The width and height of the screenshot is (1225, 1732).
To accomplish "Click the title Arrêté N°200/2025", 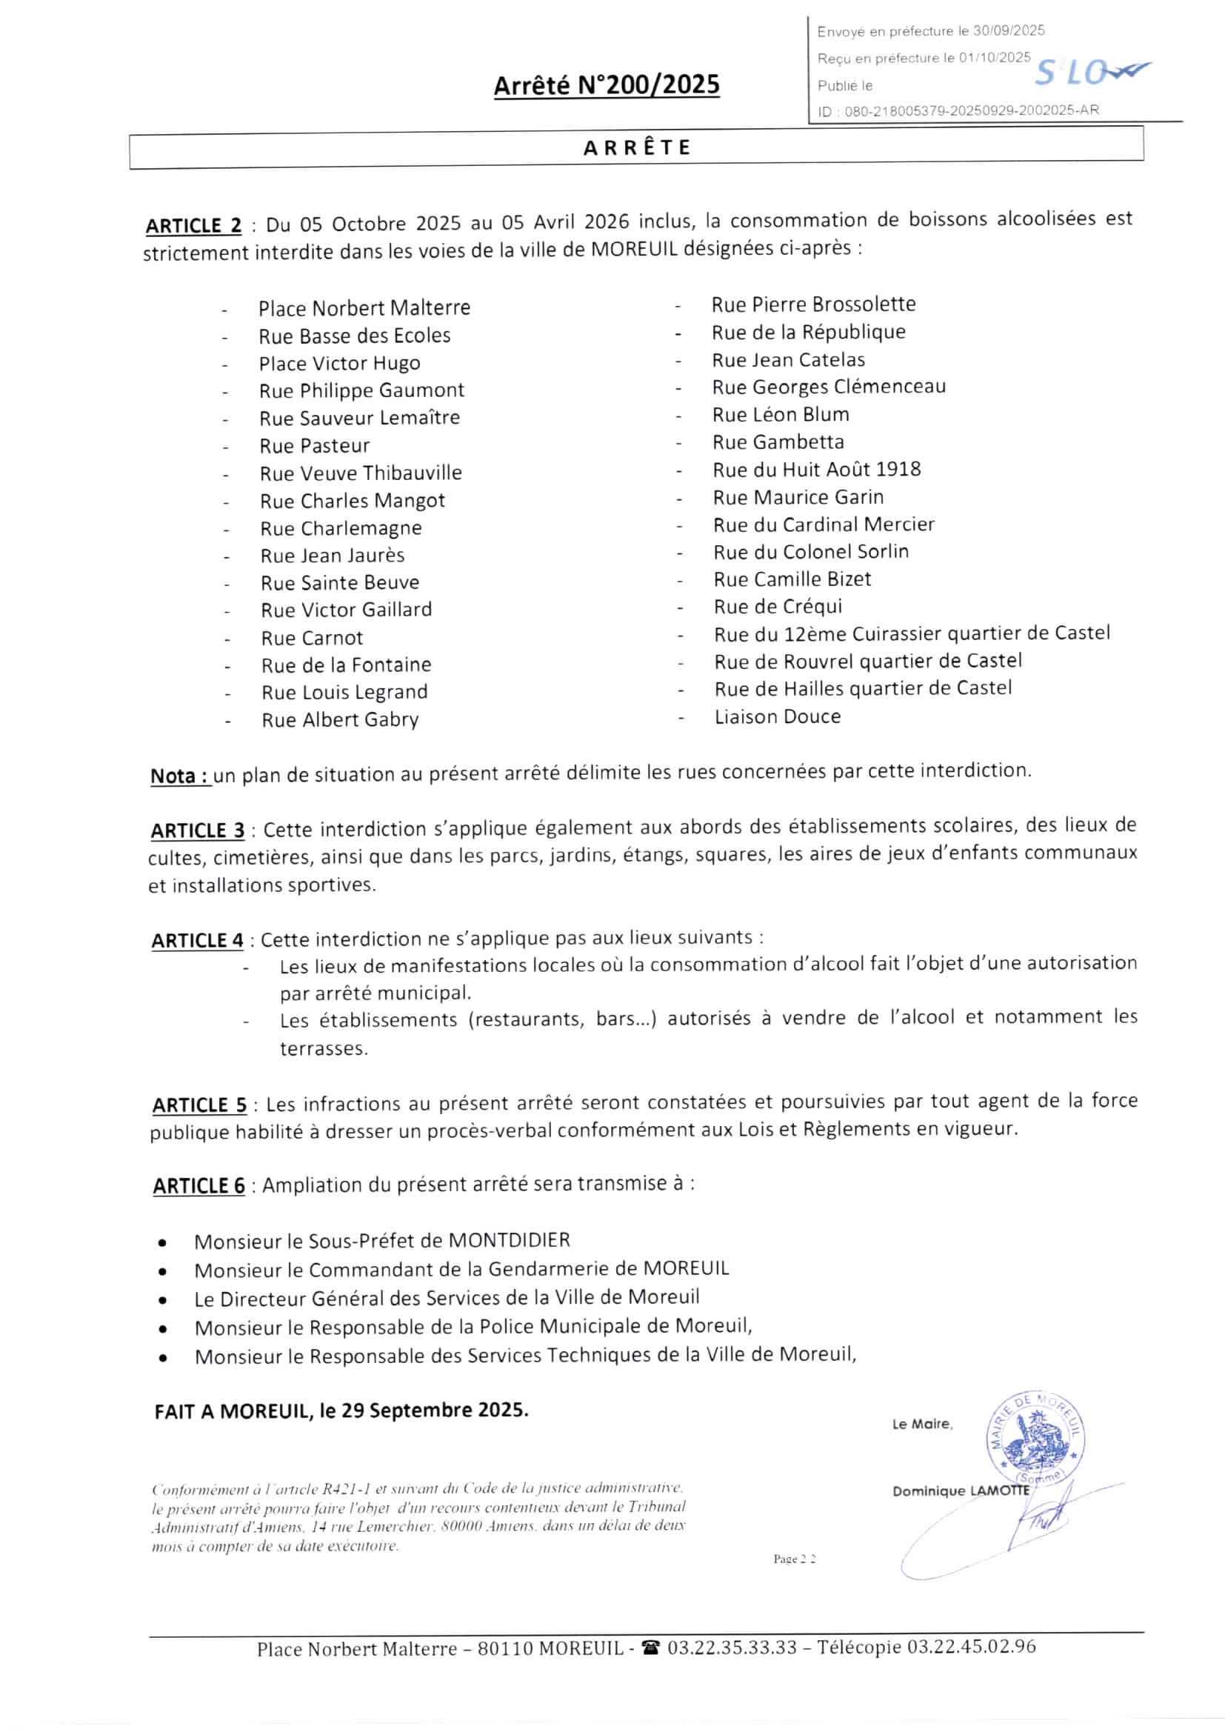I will pyautogui.click(x=607, y=85).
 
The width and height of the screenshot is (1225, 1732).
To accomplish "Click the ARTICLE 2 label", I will pyautogui.click(x=194, y=225).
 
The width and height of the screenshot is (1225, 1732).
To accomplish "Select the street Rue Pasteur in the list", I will pyautogui.click(x=315, y=446).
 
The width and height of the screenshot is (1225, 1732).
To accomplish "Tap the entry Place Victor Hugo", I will pyautogui.click(x=339, y=364).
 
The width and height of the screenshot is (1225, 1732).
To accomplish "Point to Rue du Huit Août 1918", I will pyautogui.click(x=817, y=470).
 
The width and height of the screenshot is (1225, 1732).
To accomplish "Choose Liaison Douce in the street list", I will pyautogui.click(x=778, y=716).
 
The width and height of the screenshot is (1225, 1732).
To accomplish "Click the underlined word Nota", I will pyautogui.click(x=180, y=776).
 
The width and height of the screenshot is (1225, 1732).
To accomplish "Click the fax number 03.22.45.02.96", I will pyautogui.click(x=972, y=1647).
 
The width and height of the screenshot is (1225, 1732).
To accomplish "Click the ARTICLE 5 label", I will pyautogui.click(x=199, y=1105).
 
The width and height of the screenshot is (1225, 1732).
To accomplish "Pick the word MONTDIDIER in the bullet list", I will pyautogui.click(x=509, y=1240).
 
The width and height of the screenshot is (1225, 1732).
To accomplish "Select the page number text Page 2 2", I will pyautogui.click(x=794, y=1559).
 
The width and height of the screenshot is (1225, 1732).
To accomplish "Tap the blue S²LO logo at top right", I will pyautogui.click(x=1090, y=72).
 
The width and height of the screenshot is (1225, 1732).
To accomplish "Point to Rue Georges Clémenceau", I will pyautogui.click(x=828, y=387).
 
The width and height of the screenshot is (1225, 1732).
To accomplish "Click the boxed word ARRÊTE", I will pyautogui.click(x=638, y=147).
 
